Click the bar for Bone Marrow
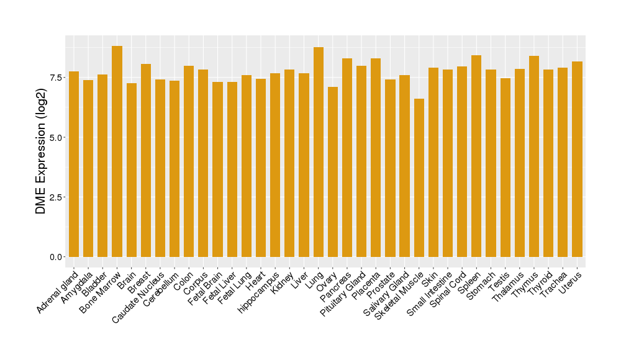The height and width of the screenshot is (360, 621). tap(117, 151)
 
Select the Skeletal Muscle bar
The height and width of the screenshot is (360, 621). tap(419, 178)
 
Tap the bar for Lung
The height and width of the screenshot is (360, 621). tap(319, 152)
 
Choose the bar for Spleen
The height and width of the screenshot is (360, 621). tap(476, 156)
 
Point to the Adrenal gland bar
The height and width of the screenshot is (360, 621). tap(74, 164)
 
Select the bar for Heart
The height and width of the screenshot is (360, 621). tap(261, 168)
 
